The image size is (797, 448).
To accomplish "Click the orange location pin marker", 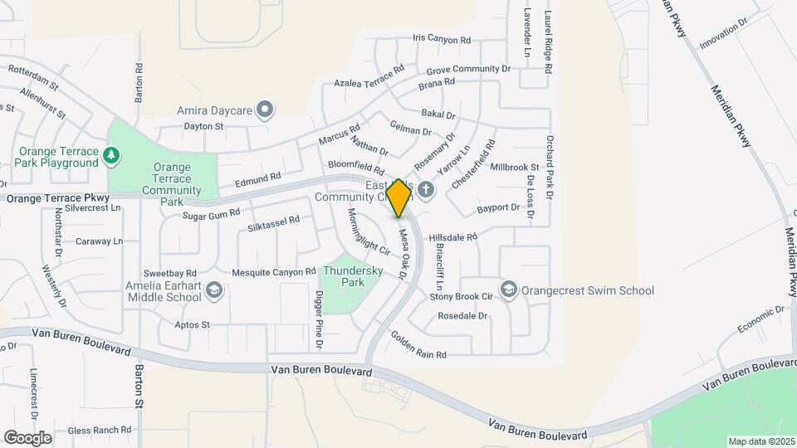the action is point(398,197).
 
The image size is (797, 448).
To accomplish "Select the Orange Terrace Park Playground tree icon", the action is point(110,155).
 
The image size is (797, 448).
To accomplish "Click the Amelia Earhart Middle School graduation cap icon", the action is point(214,290).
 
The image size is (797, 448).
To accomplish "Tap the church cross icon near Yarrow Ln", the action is point(426,190).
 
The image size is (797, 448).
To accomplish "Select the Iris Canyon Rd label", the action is point(441,39).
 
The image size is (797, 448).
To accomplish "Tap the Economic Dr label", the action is point(762,320).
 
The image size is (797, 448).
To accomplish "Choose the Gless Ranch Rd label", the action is point(100,430).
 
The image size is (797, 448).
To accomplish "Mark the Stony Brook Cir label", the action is point(462,296).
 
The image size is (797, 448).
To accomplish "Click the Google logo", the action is point(27,437).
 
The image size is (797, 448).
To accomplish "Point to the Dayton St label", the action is point(204,127).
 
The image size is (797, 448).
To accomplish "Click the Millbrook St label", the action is point(515,167).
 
